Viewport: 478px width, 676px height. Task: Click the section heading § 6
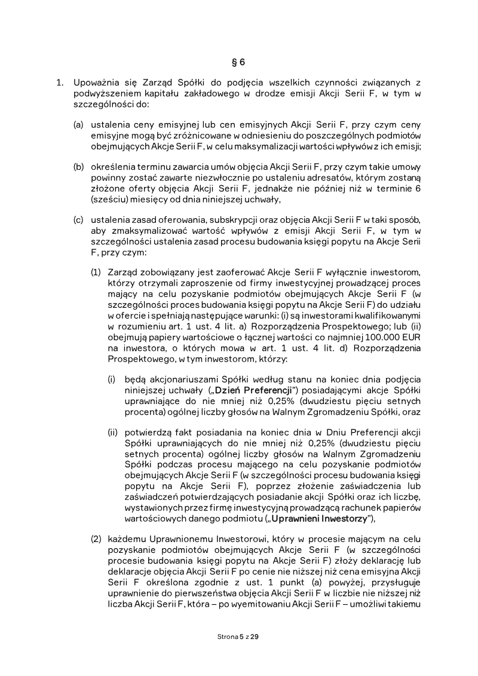238,62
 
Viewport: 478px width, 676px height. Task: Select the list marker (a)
78,126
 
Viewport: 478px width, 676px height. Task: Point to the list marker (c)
78,221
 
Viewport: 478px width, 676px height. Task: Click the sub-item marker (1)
96,273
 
